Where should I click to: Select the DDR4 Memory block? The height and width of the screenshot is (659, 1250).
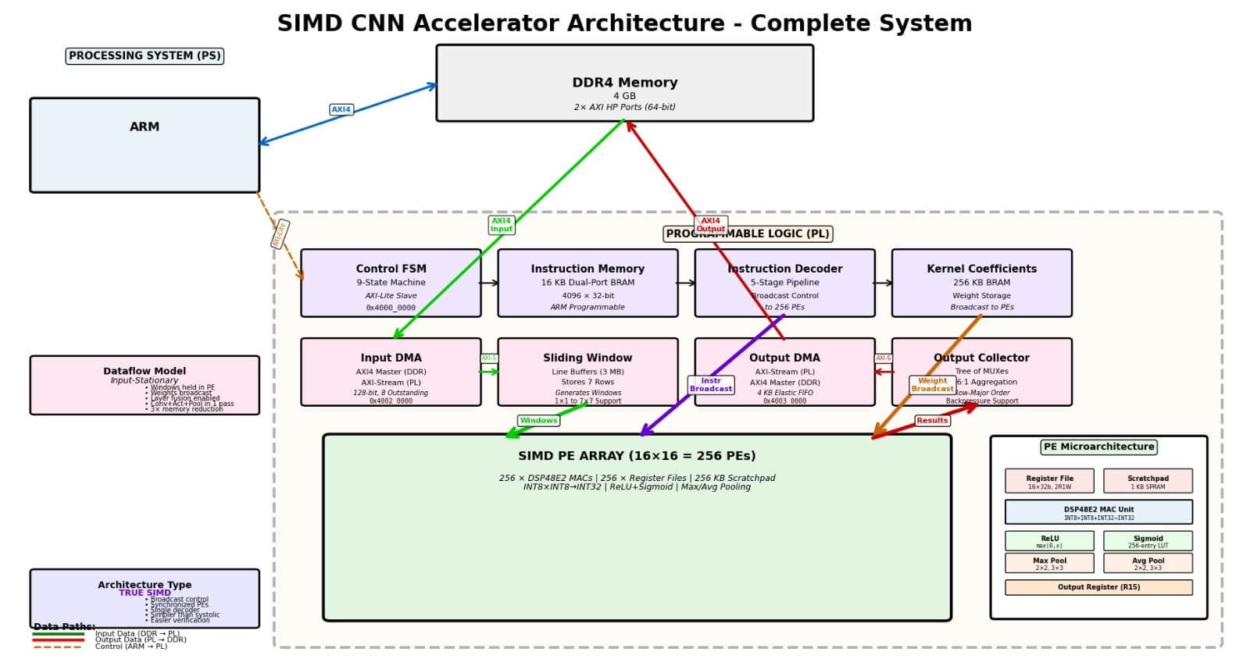624,84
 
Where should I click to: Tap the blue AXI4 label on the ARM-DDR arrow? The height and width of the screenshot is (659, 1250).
341,110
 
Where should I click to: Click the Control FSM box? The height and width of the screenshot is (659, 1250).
391,283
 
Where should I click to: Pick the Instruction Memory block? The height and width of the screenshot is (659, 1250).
587,283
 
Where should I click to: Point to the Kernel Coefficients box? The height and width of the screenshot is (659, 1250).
981,283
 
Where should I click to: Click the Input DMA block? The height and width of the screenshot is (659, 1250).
391,372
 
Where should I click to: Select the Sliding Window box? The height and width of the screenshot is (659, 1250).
587,372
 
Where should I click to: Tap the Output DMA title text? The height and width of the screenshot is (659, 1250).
784,358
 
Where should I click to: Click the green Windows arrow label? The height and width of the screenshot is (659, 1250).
538,421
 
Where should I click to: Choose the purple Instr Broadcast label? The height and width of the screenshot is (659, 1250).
711,385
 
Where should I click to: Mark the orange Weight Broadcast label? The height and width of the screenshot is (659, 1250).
932,385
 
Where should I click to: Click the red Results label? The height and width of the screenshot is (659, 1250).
932,421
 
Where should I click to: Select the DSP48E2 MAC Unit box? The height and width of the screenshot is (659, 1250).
1098,512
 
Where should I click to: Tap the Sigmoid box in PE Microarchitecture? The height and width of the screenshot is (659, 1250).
1148,541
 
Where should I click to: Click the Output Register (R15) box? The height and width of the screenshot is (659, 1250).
1098,587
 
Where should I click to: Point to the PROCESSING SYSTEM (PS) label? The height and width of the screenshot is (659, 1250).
145,56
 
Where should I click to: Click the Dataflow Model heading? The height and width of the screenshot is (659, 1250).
145,371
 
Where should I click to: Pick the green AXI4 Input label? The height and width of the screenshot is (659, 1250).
502,225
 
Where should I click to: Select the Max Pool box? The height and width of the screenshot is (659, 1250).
1049,563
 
